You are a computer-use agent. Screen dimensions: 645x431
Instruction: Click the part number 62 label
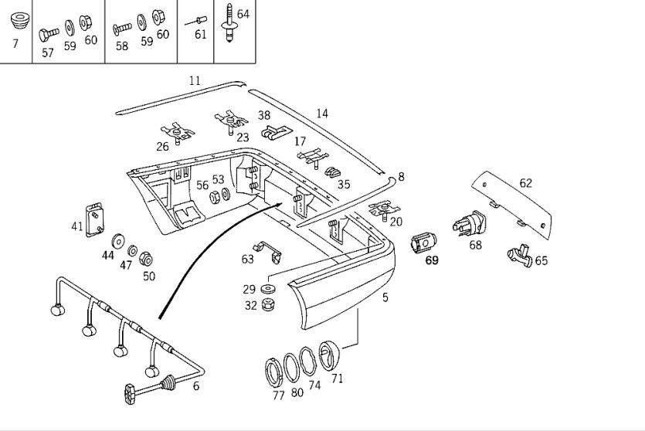click(x=526, y=183)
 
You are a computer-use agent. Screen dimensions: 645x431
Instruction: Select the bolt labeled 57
click(x=49, y=35)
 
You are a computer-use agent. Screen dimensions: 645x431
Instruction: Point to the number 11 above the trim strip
click(x=195, y=80)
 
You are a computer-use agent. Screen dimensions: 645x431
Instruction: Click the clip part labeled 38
click(x=277, y=132)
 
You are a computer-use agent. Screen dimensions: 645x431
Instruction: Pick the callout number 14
click(x=322, y=114)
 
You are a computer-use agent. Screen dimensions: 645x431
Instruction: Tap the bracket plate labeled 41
click(x=94, y=220)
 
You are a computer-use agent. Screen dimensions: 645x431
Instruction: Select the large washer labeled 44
click(x=118, y=242)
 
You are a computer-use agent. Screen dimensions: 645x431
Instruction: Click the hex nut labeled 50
click(x=146, y=259)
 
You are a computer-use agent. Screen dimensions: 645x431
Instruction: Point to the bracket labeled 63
click(x=267, y=251)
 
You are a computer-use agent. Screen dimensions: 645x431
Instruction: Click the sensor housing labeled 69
click(x=423, y=243)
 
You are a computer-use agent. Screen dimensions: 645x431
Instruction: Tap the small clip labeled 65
click(x=520, y=256)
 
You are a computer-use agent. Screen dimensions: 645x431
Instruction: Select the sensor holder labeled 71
click(x=330, y=355)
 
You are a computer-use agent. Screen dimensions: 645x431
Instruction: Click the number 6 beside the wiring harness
click(x=196, y=385)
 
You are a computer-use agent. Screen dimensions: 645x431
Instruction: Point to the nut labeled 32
click(x=268, y=304)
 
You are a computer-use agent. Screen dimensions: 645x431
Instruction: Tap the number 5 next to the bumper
click(x=385, y=297)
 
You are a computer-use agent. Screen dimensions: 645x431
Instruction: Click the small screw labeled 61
click(x=196, y=21)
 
